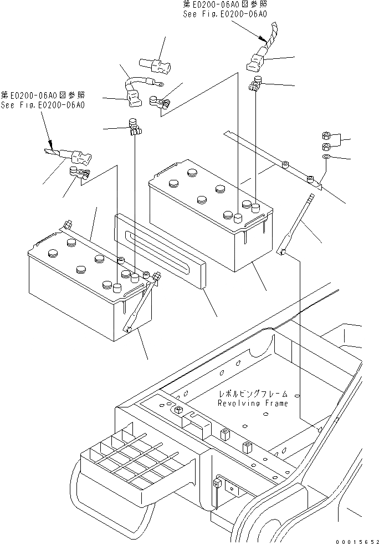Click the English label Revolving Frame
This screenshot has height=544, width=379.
(253, 404)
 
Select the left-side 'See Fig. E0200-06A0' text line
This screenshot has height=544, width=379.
(43, 105)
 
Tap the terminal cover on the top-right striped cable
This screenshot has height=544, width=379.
(256, 61)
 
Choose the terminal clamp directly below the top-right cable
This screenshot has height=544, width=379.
(255, 85)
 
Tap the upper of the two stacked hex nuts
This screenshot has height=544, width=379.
(327, 136)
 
